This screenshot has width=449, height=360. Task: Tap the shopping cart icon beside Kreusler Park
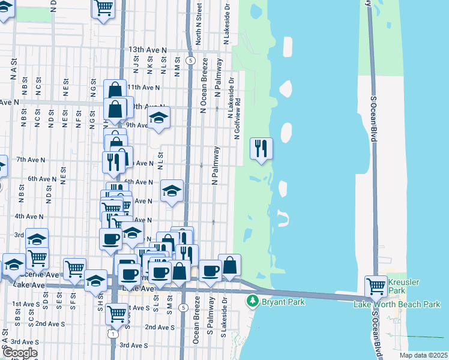point(376,286)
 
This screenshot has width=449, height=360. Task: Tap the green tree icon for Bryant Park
point(254,300)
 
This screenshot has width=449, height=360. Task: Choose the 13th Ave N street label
point(148,50)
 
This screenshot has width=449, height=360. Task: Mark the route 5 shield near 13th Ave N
point(190,61)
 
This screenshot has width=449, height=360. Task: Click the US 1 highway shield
point(112,334)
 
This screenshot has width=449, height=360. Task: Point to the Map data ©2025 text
point(423,355)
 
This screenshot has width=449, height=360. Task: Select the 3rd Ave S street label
point(133,345)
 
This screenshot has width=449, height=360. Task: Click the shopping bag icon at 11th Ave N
point(114,91)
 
